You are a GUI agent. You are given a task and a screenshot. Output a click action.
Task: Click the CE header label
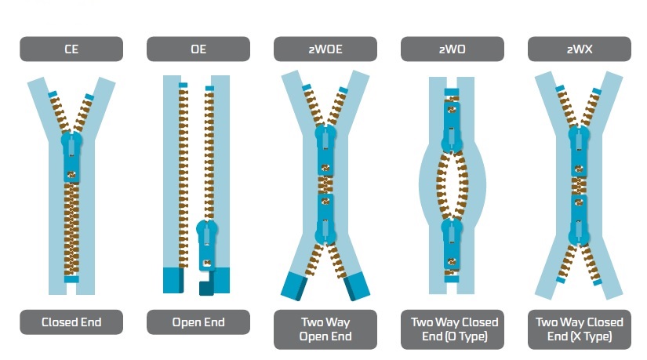click(71, 49)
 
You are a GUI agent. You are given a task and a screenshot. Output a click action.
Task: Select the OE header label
click(198, 49)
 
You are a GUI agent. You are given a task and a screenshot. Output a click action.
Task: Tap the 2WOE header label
click(325, 49)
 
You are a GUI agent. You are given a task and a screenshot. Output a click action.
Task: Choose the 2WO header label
click(453, 49)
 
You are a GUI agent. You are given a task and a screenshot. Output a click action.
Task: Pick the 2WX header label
click(579, 49)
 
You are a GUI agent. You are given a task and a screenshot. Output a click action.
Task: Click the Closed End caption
click(71, 322)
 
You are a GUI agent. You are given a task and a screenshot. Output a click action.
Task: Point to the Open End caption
click(198, 322)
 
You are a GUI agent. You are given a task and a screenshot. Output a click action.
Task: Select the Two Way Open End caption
click(325, 329)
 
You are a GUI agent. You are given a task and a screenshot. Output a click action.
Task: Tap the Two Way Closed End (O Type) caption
click(453, 329)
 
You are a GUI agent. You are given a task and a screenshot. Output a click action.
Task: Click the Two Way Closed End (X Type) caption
click(579, 329)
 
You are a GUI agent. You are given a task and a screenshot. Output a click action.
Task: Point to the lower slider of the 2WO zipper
click(453, 240)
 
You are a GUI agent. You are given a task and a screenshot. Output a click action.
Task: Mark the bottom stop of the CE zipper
click(71, 279)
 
